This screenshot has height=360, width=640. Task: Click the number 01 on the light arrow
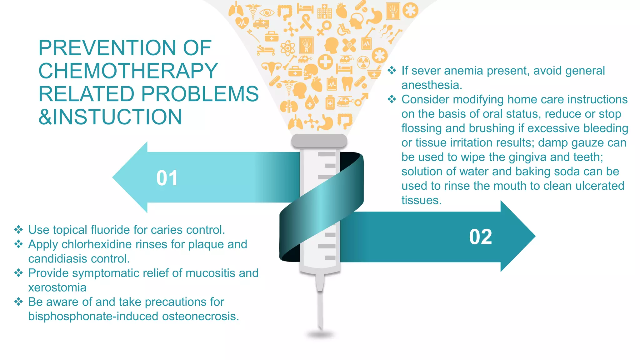tap(167, 178)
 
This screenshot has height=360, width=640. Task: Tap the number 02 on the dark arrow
tap(480, 237)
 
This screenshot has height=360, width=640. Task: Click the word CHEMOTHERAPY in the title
tap(128, 71)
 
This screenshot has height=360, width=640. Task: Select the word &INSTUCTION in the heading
tap(110, 117)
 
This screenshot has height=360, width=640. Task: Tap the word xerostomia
tap(57, 287)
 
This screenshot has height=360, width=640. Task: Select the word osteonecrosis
tap(200, 316)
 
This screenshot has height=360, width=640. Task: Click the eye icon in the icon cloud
tap(267, 13)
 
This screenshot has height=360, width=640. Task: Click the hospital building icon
tap(324, 12)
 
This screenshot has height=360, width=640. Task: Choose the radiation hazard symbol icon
tap(363, 62)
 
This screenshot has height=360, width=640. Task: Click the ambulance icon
tap(261, 23)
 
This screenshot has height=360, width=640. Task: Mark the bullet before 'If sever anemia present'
tap(392, 71)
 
